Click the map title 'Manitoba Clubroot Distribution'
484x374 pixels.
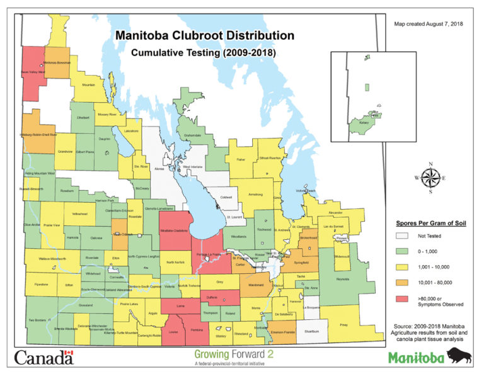tap(204, 35)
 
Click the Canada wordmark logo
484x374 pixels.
tap(43, 358)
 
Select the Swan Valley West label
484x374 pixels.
tap(33, 72)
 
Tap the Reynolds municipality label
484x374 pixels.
tap(342, 276)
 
